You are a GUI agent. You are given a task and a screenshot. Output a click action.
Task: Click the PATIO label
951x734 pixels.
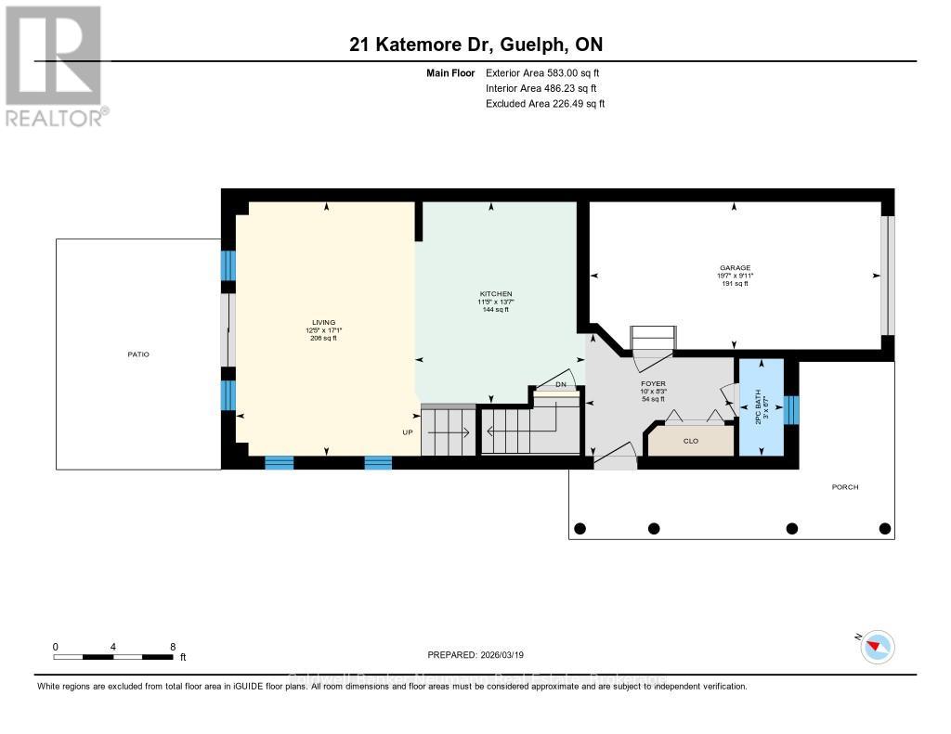pos(138,354)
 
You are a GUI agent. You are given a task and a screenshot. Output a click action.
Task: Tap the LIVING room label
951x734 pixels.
pos(324,322)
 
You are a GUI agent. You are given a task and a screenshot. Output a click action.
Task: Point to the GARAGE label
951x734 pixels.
pos(735,268)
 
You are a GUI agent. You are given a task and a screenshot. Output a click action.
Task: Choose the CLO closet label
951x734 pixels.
pos(690,441)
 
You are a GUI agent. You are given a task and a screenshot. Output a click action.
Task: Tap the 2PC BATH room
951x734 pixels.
pos(760,407)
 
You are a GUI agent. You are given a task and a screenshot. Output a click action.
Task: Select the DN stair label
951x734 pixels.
pos(560,384)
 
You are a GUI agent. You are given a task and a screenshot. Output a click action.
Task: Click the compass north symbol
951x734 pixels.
pos(877,647)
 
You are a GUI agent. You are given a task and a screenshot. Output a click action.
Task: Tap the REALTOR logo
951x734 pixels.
pos(56,65)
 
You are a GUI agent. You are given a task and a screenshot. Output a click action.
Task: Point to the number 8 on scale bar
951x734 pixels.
pos(173,646)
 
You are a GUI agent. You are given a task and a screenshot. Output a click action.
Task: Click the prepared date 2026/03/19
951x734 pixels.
pos(475,655)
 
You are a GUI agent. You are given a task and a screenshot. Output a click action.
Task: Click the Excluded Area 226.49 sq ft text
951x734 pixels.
pos(545,104)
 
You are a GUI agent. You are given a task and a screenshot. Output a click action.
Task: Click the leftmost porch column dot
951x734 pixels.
pos(580,529)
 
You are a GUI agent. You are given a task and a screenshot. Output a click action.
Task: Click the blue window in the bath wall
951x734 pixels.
pos(791,407)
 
